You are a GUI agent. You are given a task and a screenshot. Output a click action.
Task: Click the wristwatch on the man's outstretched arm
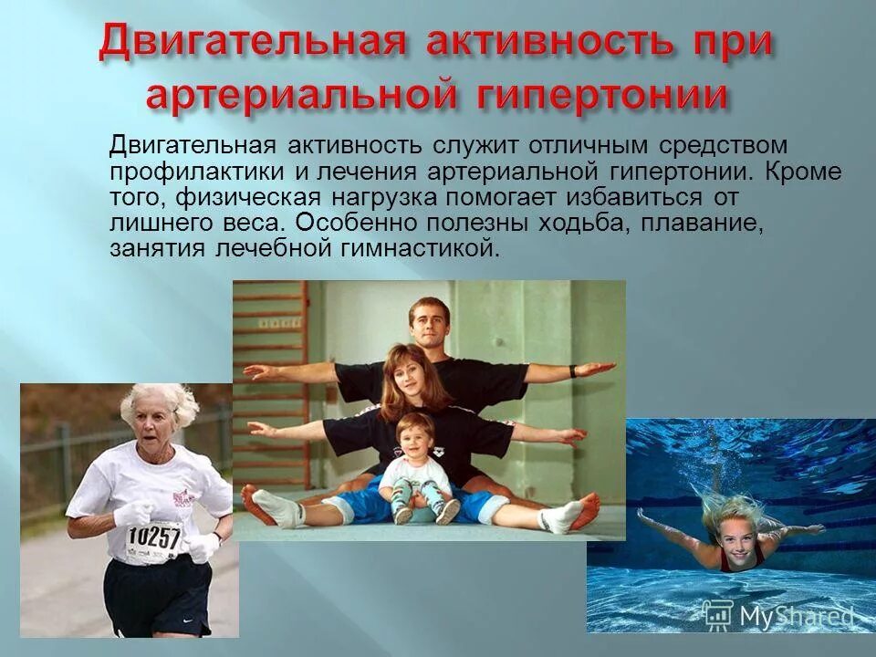click(573, 371)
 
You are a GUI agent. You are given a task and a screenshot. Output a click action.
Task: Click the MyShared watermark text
click(797, 616)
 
